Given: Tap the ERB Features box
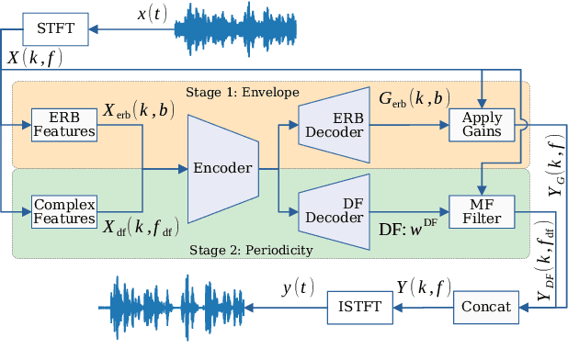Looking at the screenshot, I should pos(63,123).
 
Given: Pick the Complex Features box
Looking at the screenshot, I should pos(63,210).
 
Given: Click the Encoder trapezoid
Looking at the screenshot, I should pos(222,168).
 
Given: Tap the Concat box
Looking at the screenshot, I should pos(483,306).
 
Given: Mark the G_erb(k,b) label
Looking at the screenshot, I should pos(415,96).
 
